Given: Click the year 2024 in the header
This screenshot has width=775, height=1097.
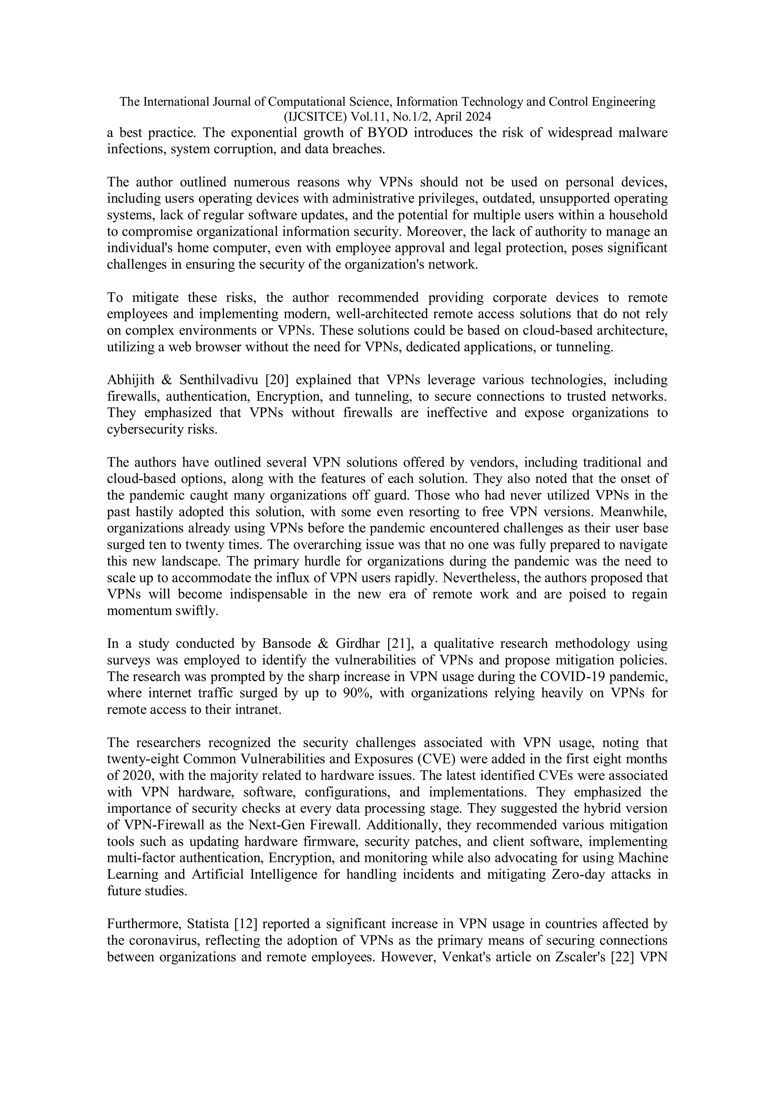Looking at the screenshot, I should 476,117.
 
